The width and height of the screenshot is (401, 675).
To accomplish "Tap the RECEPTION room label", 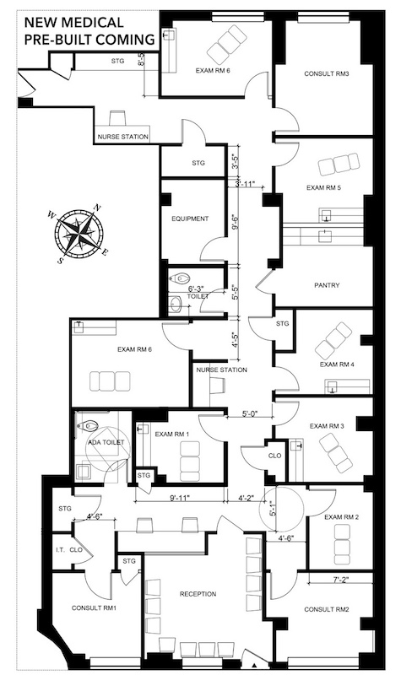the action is (x=198, y=594).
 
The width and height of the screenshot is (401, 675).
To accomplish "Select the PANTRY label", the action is (x=327, y=285).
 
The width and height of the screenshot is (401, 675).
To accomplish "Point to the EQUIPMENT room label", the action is (x=190, y=219).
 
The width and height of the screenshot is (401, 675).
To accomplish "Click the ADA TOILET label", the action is (x=106, y=442).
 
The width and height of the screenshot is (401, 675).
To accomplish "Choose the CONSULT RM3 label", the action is (x=327, y=73).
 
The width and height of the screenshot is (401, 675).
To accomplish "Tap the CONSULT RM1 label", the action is (x=94, y=607).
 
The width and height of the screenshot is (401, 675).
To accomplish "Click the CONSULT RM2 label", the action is (x=327, y=609).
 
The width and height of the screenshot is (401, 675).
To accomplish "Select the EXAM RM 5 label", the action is (x=324, y=187).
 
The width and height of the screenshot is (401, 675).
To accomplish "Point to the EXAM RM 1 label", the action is (x=172, y=434).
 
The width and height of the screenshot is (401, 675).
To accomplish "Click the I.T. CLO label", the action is (x=69, y=550).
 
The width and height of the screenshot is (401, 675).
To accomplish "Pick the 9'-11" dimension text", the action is (x=180, y=498).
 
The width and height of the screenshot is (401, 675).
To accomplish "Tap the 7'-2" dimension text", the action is (x=341, y=580).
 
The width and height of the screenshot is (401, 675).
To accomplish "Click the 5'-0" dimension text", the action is (x=249, y=414).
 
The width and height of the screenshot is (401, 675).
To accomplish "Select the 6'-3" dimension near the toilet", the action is (x=196, y=289).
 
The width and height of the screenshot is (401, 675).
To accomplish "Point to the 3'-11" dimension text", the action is (x=245, y=184).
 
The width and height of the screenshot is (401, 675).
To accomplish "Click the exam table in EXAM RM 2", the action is (x=343, y=544).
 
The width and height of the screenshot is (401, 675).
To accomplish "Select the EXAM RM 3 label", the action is (x=327, y=426).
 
